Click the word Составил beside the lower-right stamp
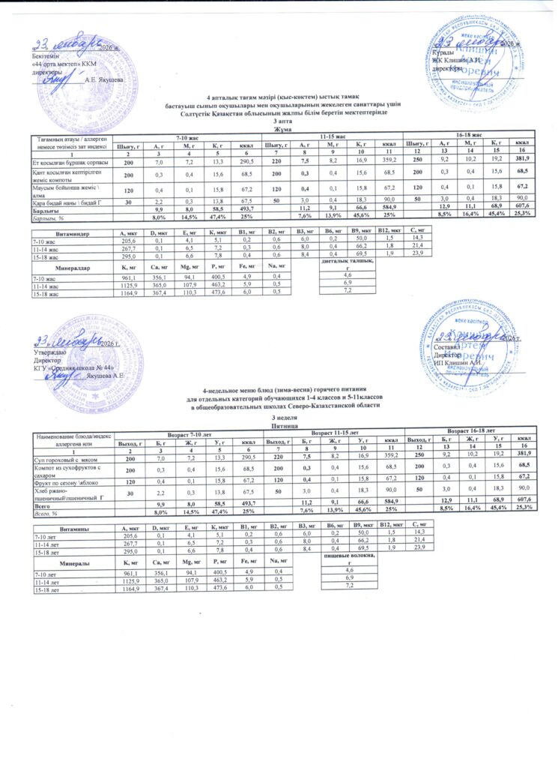pos(449,348)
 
